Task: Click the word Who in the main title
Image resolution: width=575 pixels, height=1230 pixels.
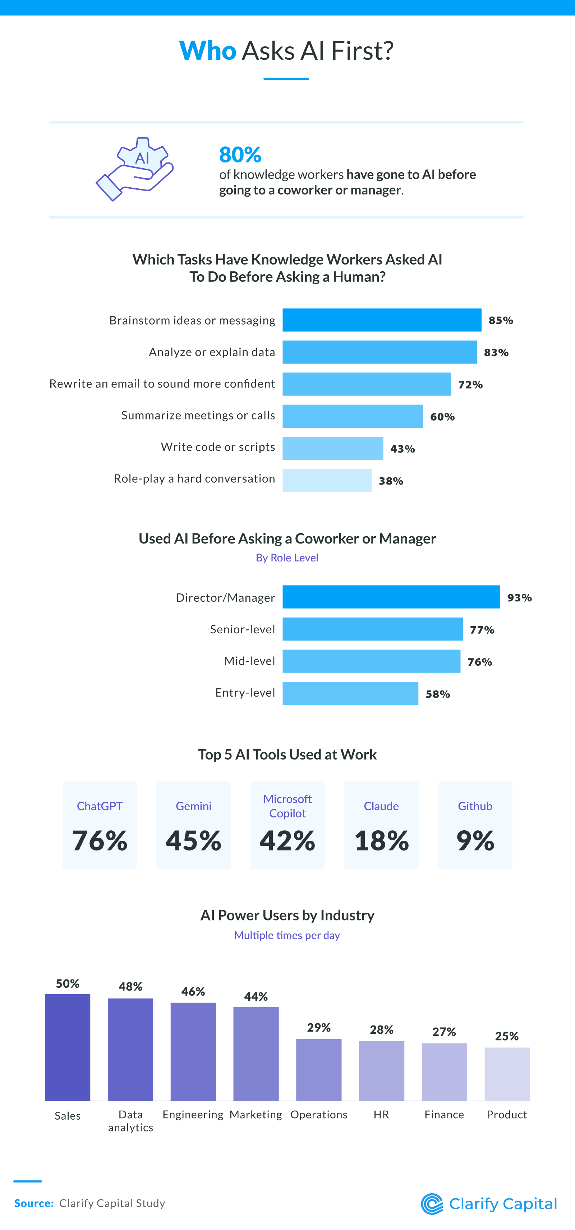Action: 207,51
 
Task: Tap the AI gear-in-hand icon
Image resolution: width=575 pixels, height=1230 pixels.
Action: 135,169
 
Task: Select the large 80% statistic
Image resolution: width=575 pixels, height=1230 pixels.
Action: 240,155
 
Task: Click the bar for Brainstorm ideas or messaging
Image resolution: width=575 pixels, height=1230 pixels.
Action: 382,320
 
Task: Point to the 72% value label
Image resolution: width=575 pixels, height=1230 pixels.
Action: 470,385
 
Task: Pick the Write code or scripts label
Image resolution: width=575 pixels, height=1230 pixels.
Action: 218,447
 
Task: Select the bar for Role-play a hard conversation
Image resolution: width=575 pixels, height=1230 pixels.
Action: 327,480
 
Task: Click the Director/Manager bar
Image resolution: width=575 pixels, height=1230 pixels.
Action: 391,597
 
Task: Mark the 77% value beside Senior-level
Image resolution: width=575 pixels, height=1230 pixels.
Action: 482,630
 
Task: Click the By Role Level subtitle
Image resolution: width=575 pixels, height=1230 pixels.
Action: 286,558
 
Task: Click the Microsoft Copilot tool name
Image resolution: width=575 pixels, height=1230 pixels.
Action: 287,806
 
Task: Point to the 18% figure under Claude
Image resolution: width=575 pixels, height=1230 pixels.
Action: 381,841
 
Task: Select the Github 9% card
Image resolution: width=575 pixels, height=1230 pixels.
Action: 475,825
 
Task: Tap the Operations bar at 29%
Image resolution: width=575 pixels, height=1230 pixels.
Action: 318,1070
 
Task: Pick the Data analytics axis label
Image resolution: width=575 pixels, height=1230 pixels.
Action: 130,1121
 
